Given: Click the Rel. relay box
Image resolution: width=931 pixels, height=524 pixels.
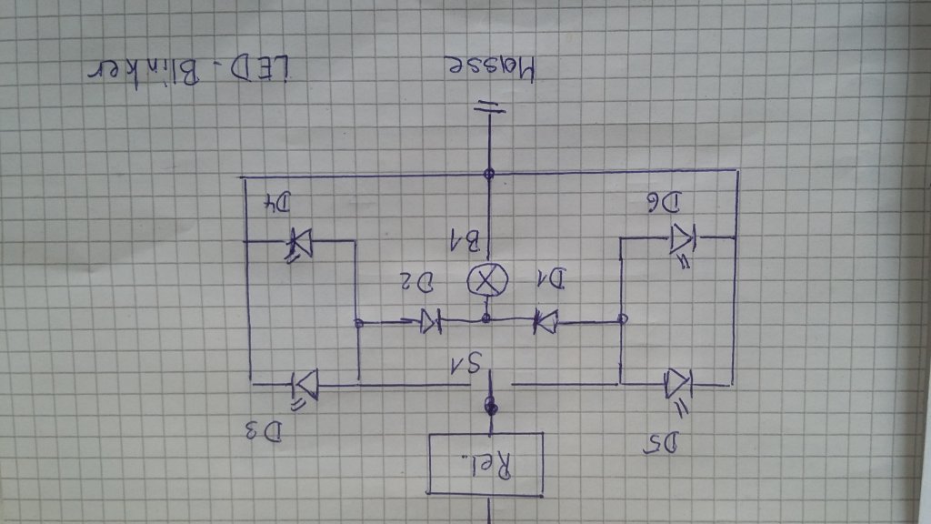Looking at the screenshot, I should pos(485,464).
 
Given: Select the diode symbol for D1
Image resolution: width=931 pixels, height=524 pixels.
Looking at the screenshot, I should pos(546,320).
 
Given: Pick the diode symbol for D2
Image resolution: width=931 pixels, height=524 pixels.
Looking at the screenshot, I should pos(429,320).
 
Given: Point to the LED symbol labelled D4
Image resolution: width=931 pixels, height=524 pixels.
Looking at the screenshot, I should pos(299,241).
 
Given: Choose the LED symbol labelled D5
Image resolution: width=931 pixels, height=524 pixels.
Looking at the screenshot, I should pos(679,383).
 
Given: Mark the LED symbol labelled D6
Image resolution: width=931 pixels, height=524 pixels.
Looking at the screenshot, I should pos(682,239).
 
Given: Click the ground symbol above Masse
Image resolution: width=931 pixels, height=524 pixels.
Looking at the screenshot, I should pos(489,108).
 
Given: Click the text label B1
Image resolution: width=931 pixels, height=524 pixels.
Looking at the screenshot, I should pos(465,241).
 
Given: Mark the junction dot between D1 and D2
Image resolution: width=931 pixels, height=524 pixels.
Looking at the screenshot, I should pos(486,318).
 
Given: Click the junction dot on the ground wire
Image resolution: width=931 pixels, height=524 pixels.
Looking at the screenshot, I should pos(489,172).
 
